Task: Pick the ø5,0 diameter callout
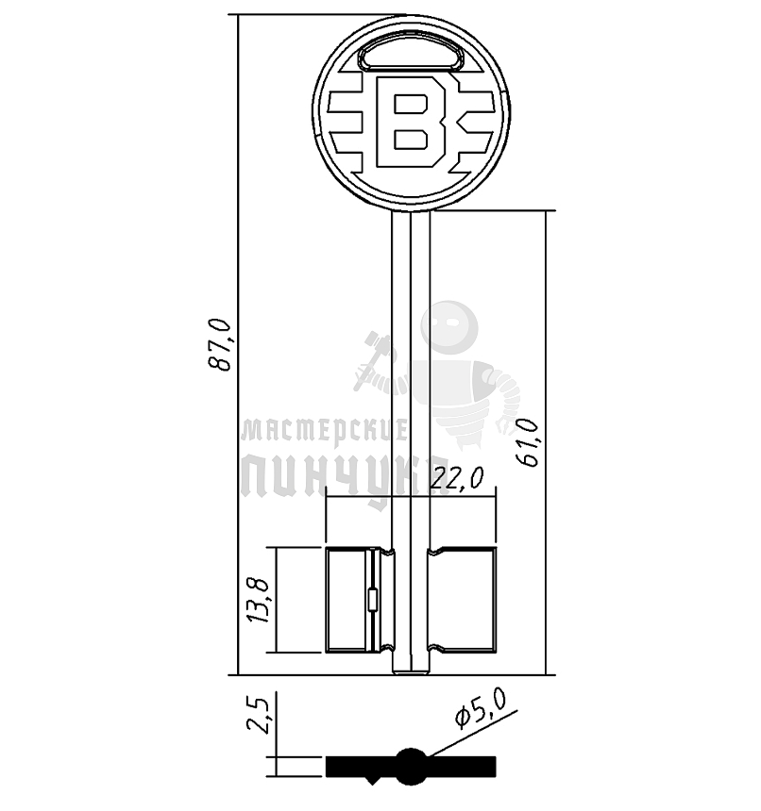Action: pyautogui.click(x=482, y=708)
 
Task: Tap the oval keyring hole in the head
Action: pyautogui.click(x=411, y=58)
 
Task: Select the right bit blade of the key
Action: pyautogui.click(x=463, y=600)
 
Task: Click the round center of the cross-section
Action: pyautogui.click(x=411, y=766)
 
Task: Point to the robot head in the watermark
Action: pyautogui.click(x=449, y=326)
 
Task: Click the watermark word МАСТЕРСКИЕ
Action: pyautogui.click(x=324, y=431)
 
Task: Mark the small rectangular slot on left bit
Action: pyautogui.click(x=371, y=599)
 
